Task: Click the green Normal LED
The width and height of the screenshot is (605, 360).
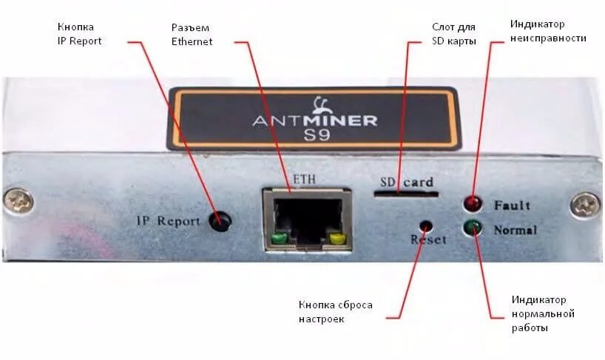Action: [471, 228]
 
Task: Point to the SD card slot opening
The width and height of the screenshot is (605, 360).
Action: [405, 194]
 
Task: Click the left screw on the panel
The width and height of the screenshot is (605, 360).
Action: [18, 200]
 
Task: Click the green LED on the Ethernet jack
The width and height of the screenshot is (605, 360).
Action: [278, 238]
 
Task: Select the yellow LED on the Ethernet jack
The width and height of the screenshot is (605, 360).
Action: [337, 238]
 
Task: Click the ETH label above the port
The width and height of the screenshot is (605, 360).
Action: [304, 179]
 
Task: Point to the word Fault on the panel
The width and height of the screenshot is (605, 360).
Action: [513, 205]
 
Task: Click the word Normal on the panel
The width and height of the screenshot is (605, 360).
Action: [516, 230]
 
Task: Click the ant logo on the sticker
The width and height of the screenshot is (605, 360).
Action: [321, 103]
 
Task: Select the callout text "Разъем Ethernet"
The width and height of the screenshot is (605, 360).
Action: [192, 34]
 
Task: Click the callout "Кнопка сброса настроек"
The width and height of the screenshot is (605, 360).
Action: [336, 311]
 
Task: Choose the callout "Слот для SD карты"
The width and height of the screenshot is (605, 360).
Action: [453, 34]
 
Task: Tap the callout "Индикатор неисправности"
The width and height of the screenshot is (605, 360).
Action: [548, 30]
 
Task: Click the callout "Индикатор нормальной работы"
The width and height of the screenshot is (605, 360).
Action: [544, 313]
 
